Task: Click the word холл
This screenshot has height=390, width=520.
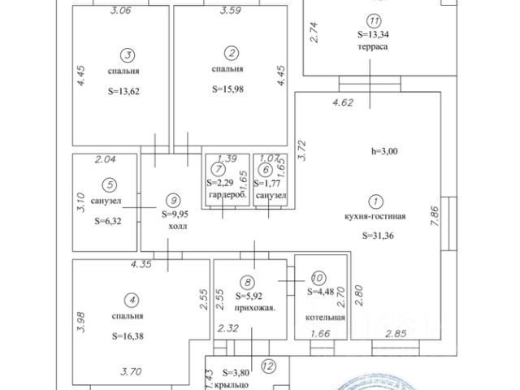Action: [x=176, y=227]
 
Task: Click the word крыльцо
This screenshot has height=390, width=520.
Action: [x=237, y=383]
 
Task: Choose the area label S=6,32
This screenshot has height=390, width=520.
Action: [x=107, y=219]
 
